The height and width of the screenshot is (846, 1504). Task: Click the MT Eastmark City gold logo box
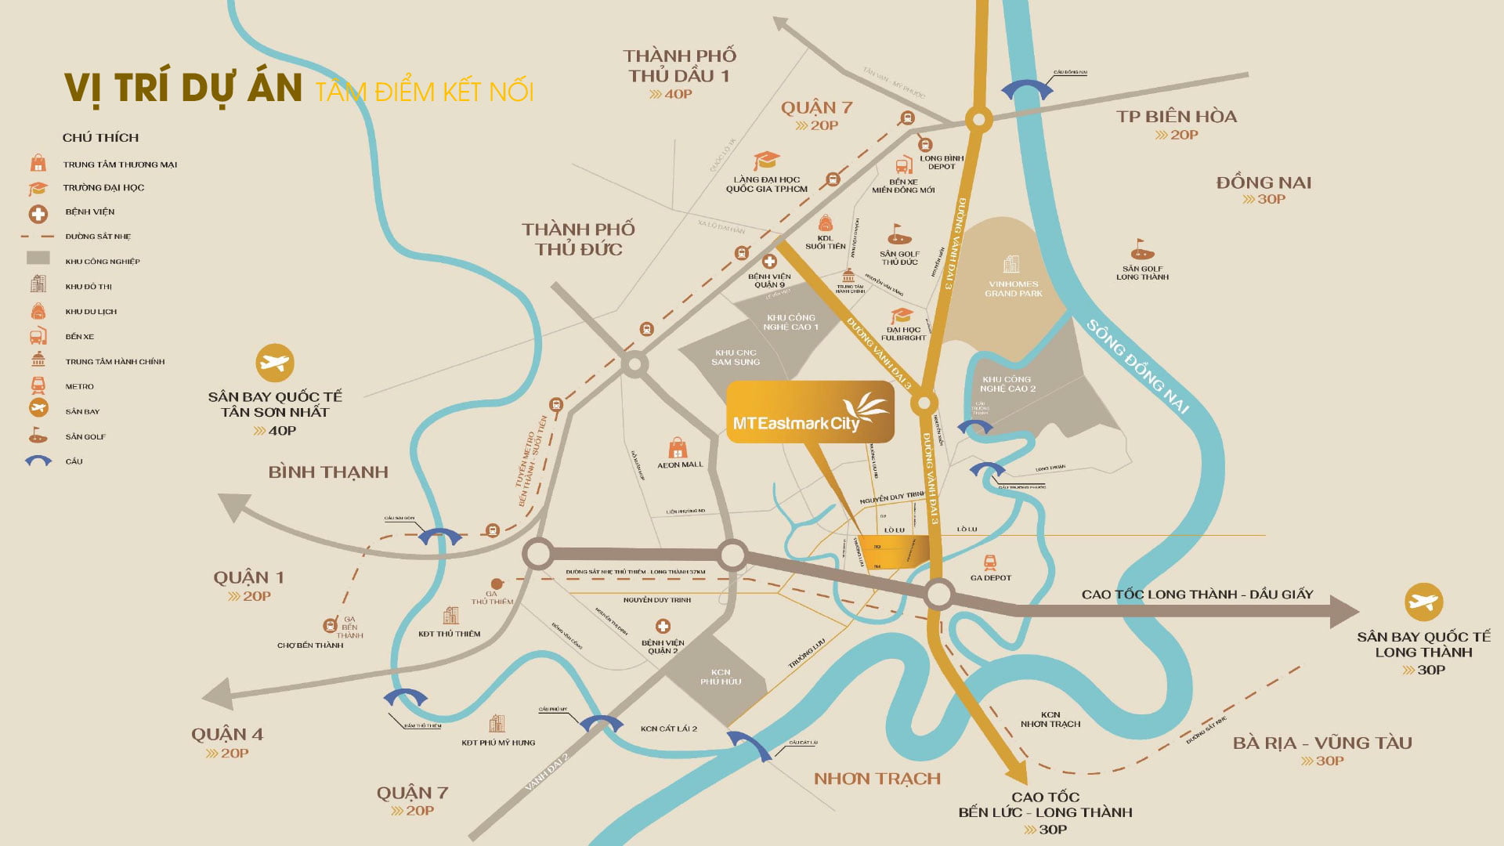pyautogui.click(x=809, y=413)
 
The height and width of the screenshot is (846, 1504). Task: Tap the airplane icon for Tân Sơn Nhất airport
pyautogui.click(x=275, y=363)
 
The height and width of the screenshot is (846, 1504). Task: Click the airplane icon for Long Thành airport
pyautogui.click(x=1423, y=602)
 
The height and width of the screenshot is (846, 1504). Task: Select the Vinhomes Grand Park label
pyautogui.click(x=1013, y=288)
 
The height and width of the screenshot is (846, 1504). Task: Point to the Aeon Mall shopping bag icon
pyautogui.click(x=678, y=449)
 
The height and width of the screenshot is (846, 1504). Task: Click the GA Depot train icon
pyautogui.click(x=990, y=562)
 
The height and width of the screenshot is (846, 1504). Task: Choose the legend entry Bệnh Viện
pyautogui.click(x=89, y=212)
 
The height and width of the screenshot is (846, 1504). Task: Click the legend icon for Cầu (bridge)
pyautogui.click(x=38, y=461)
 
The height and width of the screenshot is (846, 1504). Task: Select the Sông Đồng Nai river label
pyautogui.click(x=1137, y=367)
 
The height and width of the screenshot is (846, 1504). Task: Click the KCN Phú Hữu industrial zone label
pyautogui.click(x=720, y=677)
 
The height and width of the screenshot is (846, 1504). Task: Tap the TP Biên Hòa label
pyautogui.click(x=1176, y=117)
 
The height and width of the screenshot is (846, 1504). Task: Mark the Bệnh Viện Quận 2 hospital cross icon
pyautogui.click(x=663, y=627)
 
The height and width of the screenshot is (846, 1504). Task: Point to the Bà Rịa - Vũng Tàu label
pyautogui.click(x=1321, y=743)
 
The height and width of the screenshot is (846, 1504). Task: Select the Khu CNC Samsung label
pyautogui.click(x=735, y=357)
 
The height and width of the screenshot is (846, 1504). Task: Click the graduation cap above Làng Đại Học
pyautogui.click(x=765, y=161)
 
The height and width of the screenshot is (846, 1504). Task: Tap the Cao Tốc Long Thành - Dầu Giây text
pyautogui.click(x=1197, y=595)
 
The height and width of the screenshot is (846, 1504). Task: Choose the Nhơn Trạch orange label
pyautogui.click(x=877, y=779)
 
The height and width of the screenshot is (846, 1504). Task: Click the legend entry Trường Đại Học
pyautogui.click(x=103, y=188)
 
